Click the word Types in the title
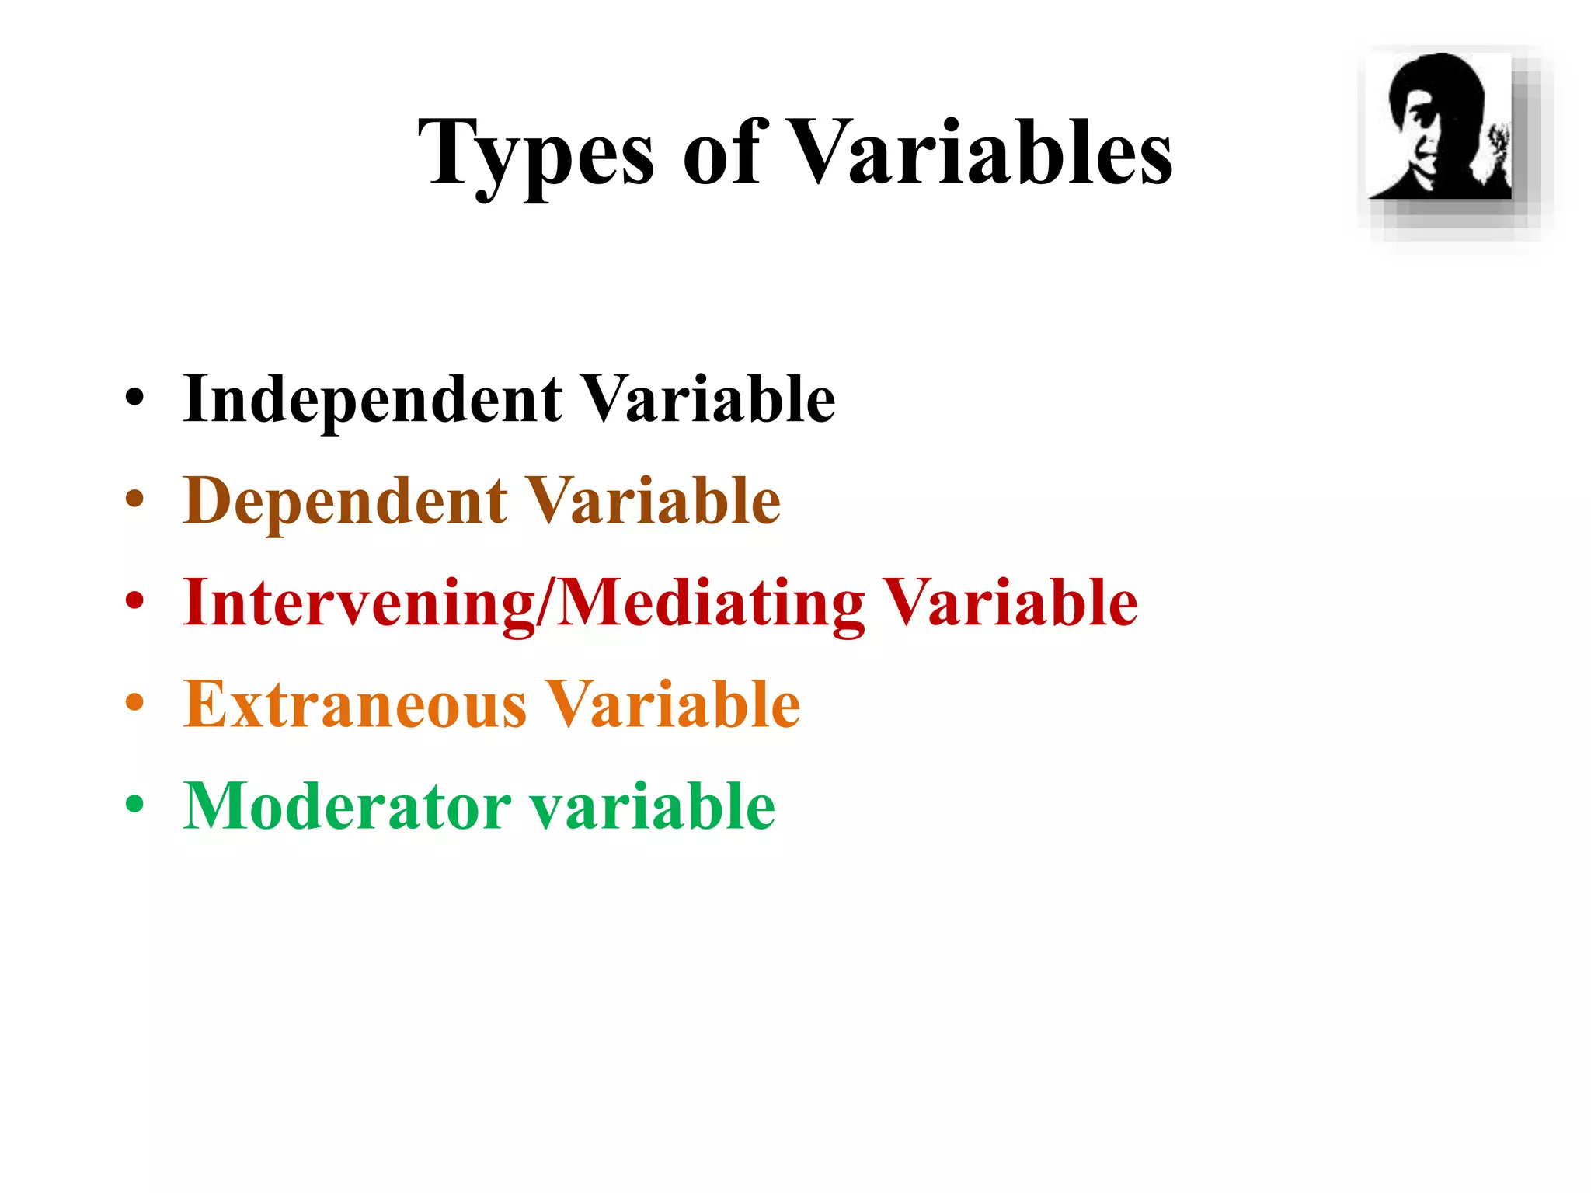click(536, 155)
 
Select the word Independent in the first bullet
click(373, 400)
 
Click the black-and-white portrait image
click(1440, 127)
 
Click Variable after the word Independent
click(708, 400)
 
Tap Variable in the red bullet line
click(1011, 603)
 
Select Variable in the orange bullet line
click(673, 704)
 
